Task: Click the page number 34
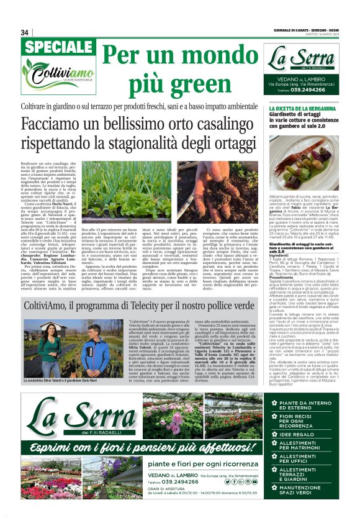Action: tap(25, 32)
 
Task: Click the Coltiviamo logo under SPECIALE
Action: tap(57, 76)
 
